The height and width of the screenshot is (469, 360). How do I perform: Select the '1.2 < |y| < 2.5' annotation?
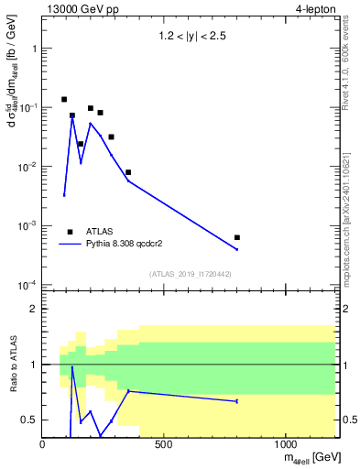pyautogui.click(x=190, y=38)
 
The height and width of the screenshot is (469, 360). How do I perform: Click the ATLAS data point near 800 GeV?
pyautogui.click(x=237, y=237)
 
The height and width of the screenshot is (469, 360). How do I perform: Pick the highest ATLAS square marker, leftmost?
pyautogui.click(x=64, y=99)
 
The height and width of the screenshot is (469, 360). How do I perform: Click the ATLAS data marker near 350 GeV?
pyautogui.click(x=128, y=172)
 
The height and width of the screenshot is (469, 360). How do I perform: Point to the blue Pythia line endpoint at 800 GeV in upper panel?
pyautogui.click(x=237, y=249)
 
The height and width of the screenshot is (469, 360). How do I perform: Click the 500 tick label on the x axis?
pyautogui.click(x=164, y=444)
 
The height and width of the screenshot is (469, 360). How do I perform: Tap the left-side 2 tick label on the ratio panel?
pyautogui.click(x=33, y=309)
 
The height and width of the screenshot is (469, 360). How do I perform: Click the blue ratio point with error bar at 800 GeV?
pyautogui.click(x=237, y=401)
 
